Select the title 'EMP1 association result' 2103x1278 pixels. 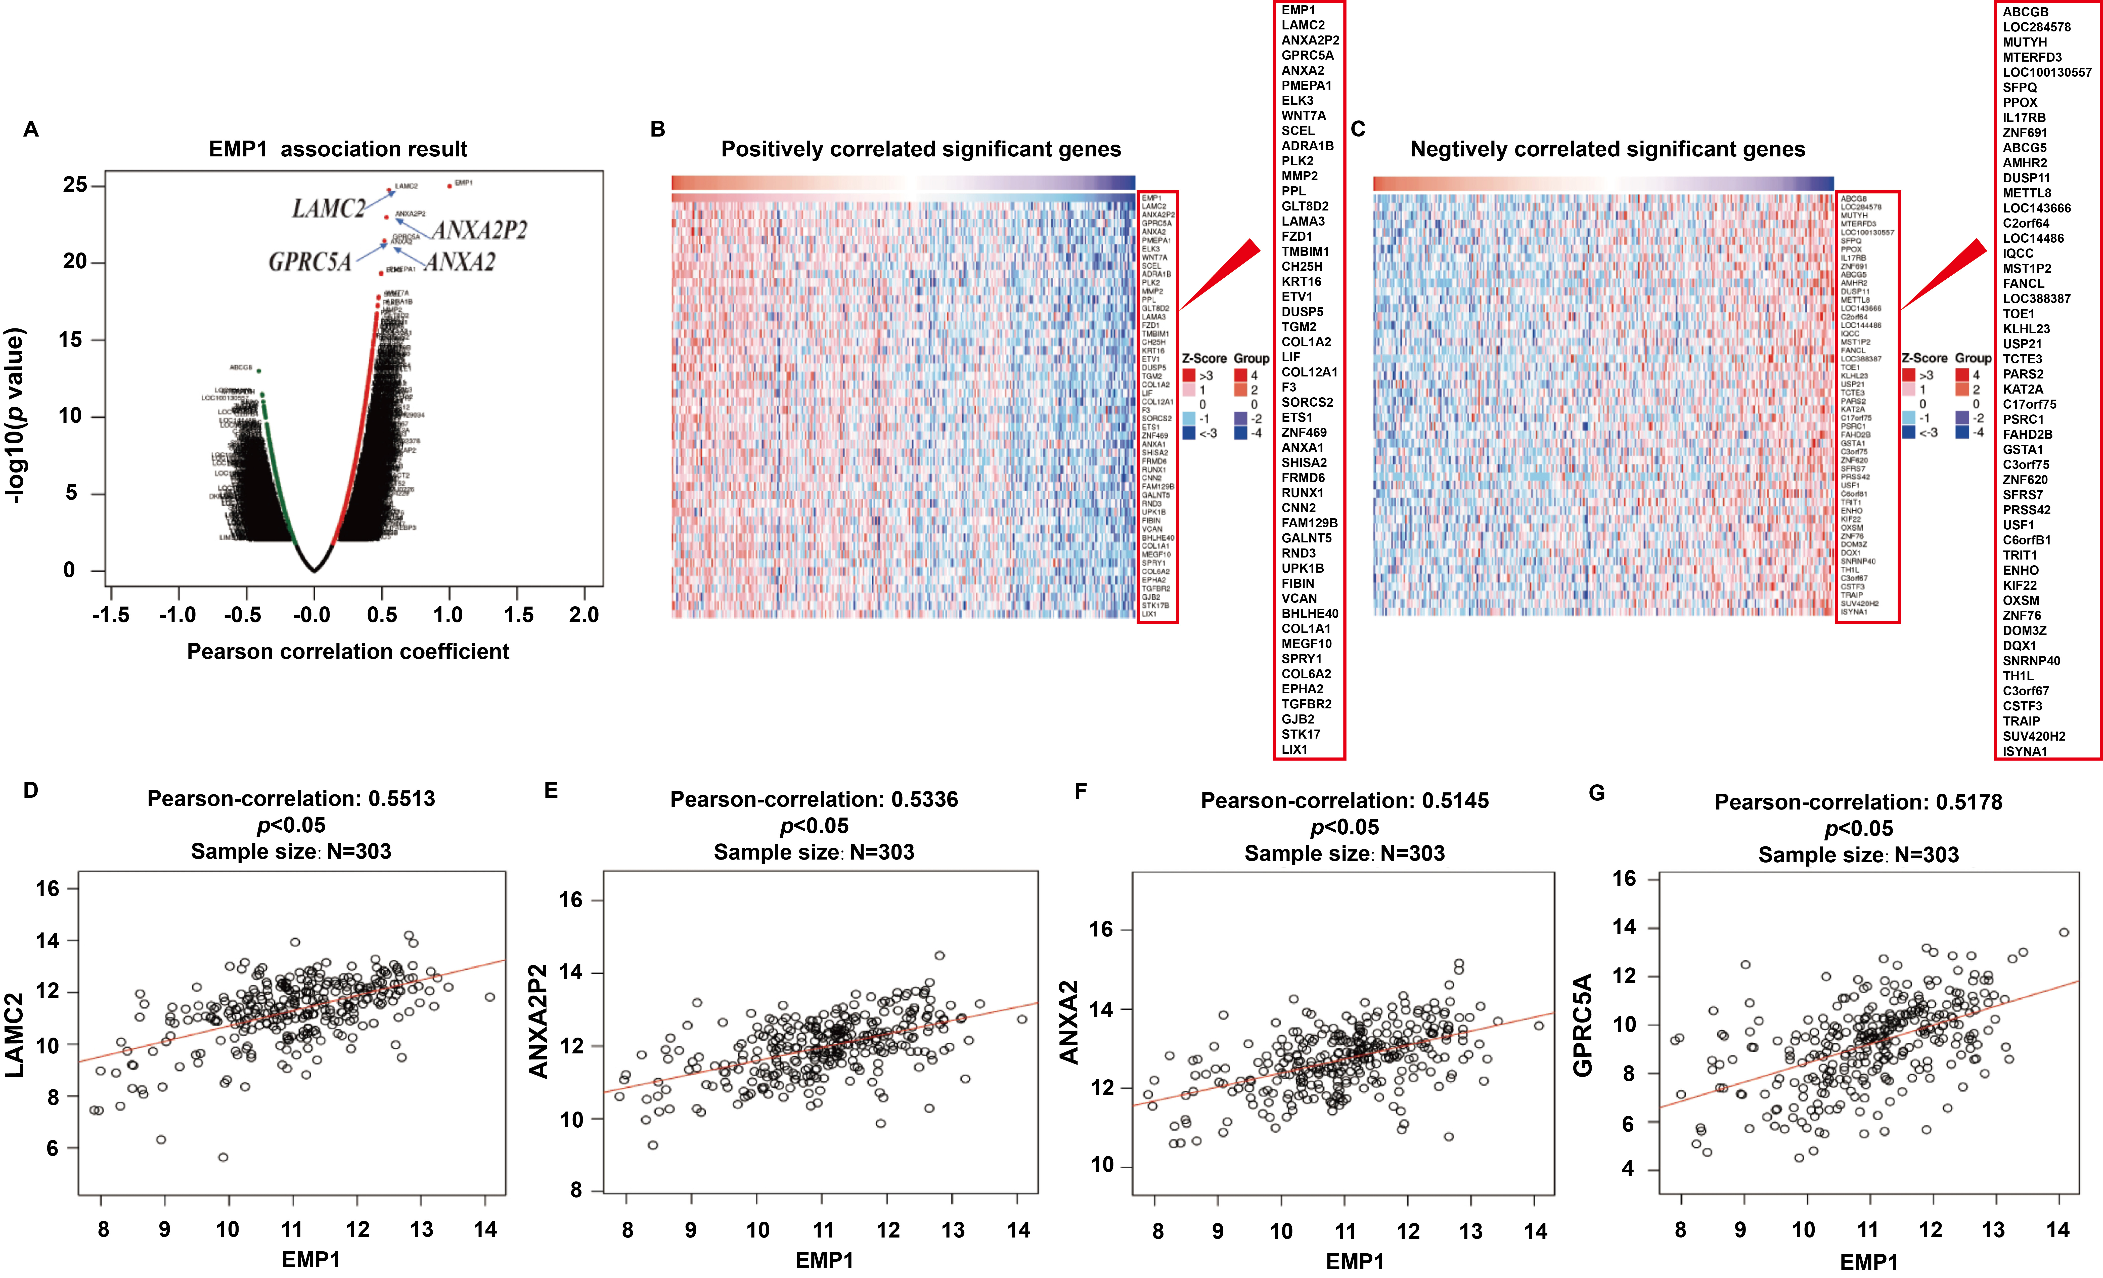[338, 149]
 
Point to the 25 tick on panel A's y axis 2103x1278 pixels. [75, 185]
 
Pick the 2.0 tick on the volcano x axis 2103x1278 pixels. [584, 615]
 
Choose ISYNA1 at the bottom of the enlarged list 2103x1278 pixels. [2025, 751]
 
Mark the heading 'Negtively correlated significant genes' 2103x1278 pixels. [1607, 149]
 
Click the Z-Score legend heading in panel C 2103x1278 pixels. [1924, 359]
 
